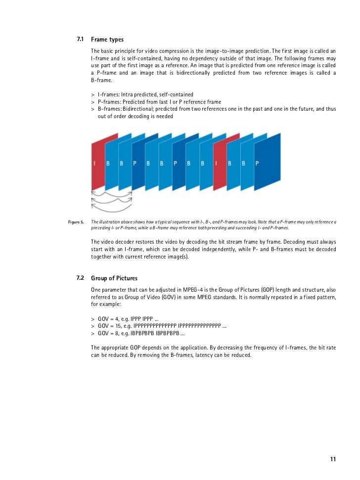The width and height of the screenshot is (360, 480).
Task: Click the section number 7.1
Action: point(80,39)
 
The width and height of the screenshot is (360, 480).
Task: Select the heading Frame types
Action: point(107,39)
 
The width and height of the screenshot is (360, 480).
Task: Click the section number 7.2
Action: point(80,278)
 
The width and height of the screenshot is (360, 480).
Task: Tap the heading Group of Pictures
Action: point(114,278)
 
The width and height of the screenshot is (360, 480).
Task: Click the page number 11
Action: point(333,459)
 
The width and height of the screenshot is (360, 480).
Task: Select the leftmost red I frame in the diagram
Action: point(97,163)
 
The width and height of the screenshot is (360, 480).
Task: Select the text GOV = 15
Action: point(111,326)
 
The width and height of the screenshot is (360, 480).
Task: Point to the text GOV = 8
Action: point(109,333)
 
